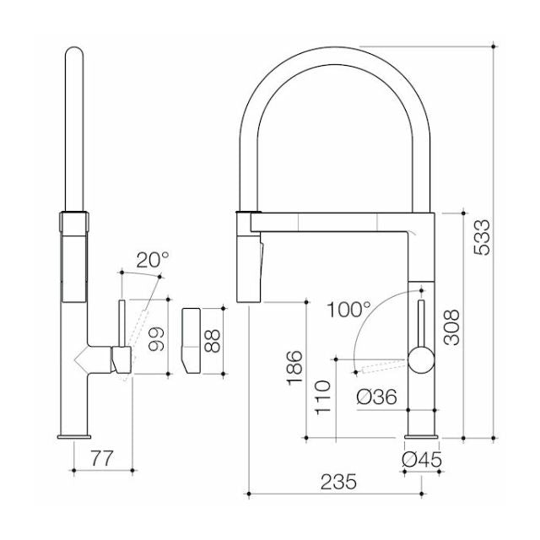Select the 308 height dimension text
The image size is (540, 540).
coord(453,323)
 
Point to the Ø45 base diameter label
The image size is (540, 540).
coord(422,460)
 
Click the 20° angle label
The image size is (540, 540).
coord(153,259)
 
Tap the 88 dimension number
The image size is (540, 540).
coord(213,339)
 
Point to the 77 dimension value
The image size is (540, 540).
coord(101,460)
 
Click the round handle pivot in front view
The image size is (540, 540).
coord(420,361)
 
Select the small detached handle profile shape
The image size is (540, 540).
coord(190,339)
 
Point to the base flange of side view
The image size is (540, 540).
coord(75,436)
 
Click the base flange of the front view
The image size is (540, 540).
coord(422,436)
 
